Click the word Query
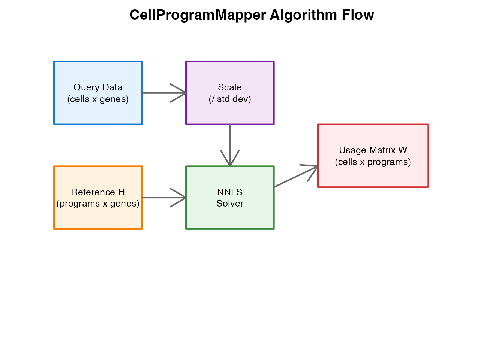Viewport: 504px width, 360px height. click(86, 87)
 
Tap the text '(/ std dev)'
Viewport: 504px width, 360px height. click(230, 99)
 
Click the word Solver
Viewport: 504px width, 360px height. click(230, 204)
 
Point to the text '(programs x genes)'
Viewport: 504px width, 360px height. click(98, 204)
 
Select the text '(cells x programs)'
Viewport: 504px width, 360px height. click(373, 162)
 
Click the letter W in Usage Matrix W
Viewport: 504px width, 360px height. click(402, 150)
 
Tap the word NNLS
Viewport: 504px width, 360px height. click(230, 192)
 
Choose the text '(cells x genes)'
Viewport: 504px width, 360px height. click(98, 99)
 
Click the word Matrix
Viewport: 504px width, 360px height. click(382, 150)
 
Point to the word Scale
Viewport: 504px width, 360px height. click(230, 87)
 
